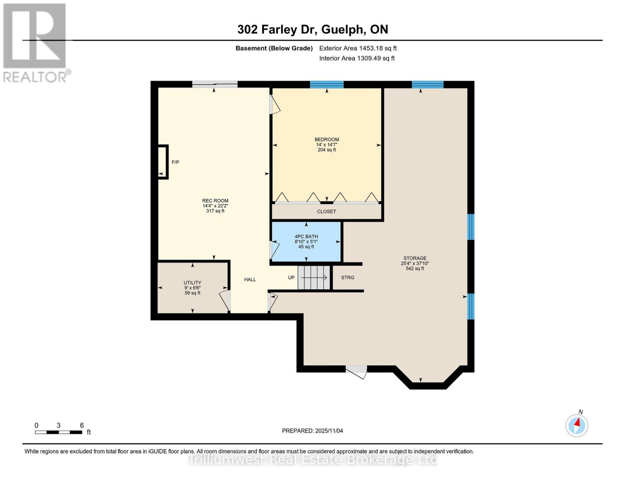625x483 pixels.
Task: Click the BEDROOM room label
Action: pos(326,140)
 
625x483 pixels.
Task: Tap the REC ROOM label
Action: pos(215,201)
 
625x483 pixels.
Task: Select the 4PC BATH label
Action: pos(306,237)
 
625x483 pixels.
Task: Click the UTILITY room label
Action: pos(192,283)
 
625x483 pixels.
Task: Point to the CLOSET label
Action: pos(326,212)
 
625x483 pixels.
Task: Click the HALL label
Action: pos(250,280)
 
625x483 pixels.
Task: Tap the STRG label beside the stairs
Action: pos(347,278)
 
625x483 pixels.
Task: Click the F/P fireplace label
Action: pos(175,163)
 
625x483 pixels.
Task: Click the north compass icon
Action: pos(577,425)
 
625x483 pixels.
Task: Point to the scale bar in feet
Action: pos(59,432)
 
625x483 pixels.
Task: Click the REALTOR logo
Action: pos(35,42)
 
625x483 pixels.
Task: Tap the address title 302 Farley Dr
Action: pos(312,29)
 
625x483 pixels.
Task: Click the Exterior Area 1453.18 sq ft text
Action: pos(358,48)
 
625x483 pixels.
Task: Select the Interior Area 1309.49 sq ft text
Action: pos(357,58)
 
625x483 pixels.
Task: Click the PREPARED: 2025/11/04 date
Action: pos(312,431)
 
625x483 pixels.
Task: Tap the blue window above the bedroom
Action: pos(326,85)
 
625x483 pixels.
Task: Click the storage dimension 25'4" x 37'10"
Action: pos(415,264)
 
